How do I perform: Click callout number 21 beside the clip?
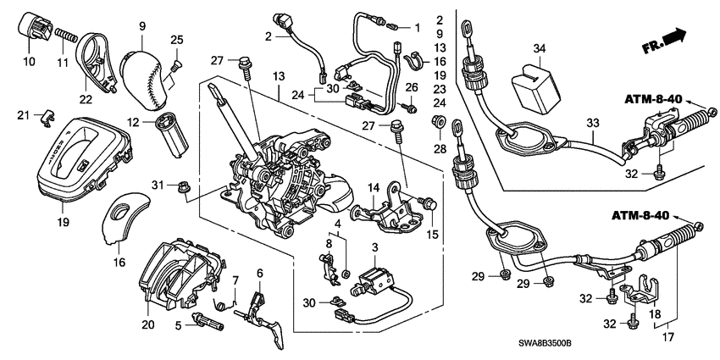point(23,115)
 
